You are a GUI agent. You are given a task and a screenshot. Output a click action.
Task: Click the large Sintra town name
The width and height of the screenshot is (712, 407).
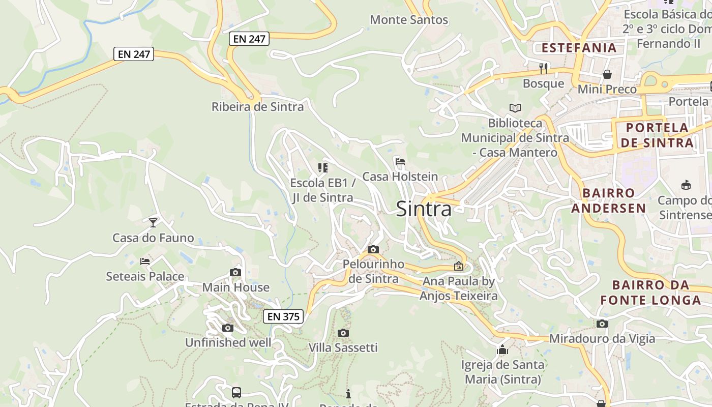[424, 209]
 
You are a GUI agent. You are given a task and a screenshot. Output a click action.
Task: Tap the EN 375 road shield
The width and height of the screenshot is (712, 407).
[283, 316]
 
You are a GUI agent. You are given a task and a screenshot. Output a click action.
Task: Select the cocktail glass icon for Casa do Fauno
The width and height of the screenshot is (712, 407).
[153, 222]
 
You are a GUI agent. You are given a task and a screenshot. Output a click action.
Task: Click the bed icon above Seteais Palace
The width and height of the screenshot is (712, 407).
[145, 261]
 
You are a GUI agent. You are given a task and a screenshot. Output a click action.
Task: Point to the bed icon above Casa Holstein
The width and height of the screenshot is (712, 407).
[400, 162]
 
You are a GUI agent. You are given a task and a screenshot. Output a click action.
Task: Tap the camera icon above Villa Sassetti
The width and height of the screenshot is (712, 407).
[343, 333]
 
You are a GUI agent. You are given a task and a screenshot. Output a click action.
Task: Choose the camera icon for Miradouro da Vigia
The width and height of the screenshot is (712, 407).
[602, 324]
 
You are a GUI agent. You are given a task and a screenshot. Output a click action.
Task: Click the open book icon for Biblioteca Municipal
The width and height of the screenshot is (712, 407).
[515, 108]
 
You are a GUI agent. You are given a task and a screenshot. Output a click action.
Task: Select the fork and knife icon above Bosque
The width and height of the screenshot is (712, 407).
[543, 68]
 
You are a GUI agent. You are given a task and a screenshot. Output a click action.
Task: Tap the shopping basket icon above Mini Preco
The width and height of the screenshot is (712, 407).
[607, 74]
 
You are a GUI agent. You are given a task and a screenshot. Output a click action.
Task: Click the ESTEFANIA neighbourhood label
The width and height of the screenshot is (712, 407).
[579, 48]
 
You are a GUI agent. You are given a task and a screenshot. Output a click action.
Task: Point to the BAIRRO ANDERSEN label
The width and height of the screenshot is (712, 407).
[609, 200]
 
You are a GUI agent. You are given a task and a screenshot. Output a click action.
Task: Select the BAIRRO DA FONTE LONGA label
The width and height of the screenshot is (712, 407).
[650, 293]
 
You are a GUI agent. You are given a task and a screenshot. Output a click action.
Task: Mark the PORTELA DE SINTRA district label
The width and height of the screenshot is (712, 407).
[657, 135]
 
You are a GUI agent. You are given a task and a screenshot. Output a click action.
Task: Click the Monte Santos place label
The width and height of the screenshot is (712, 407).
[409, 20]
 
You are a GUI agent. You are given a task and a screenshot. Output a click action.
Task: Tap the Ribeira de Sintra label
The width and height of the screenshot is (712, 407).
[257, 107]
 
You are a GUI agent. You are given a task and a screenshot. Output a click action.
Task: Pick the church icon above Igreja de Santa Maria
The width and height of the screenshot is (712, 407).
[502, 350]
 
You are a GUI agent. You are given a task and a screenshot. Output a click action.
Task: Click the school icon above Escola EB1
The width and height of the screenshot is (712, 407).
[322, 167]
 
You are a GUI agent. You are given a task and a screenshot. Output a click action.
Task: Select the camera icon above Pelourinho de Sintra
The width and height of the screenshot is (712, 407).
[373, 249]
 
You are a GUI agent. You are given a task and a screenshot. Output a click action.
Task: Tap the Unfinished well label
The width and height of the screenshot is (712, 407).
[228, 342]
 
